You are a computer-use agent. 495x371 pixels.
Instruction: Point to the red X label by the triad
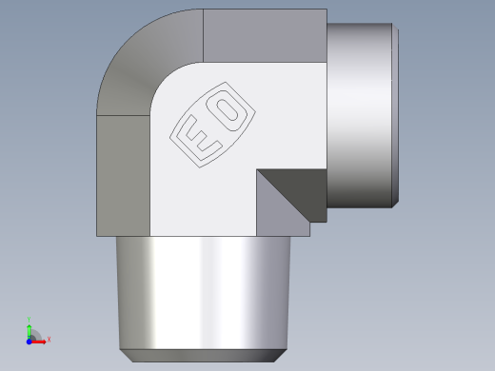pyautogui.click(x=49, y=339)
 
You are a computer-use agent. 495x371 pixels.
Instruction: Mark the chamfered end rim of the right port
pyautogui.click(x=395, y=114)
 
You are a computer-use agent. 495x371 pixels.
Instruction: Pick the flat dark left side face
pyautogui.click(x=123, y=176)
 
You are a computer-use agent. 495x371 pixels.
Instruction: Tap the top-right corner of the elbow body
pyautogui.click(x=326, y=10)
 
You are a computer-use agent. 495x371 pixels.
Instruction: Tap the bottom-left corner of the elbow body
pyautogui.click(x=98, y=235)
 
